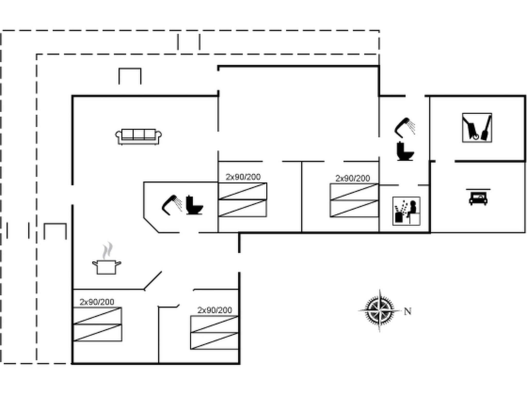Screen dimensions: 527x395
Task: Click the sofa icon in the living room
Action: (x=138, y=137)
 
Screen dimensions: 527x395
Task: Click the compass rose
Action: (x=380, y=311)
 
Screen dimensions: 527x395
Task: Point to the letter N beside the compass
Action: (x=408, y=311)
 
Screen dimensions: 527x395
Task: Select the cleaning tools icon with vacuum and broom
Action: (x=477, y=128)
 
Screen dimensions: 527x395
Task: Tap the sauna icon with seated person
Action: (x=406, y=211)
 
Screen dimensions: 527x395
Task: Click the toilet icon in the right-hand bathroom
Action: (x=405, y=151)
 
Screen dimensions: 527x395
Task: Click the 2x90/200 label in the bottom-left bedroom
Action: (x=97, y=302)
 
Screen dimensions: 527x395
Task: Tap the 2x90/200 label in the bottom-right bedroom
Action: (x=215, y=310)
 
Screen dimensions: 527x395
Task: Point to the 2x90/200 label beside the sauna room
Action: (x=353, y=178)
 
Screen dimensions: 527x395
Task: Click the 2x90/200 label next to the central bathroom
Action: (x=243, y=177)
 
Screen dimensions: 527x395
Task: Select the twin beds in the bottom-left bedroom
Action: (x=98, y=324)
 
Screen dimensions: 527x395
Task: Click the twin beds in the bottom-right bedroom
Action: (x=214, y=333)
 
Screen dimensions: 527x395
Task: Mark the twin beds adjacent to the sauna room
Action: (x=354, y=200)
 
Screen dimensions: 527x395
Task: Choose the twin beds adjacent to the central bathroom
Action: (x=242, y=200)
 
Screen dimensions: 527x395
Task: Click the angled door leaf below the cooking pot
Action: (x=153, y=281)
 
